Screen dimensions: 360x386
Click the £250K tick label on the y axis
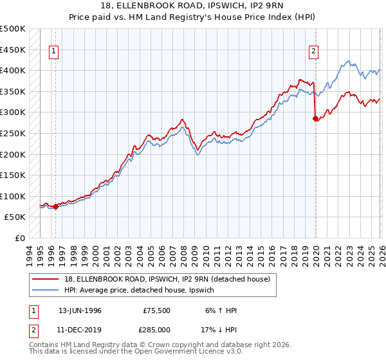click(13, 133)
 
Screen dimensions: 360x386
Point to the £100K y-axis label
click(13, 196)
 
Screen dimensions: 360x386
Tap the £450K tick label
click(13, 50)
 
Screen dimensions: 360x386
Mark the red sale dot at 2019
click(315, 118)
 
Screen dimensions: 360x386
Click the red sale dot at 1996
click(55, 206)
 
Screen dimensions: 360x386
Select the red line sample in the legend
click(46, 278)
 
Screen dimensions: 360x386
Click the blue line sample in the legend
click(46, 290)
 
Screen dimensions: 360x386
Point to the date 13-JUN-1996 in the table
click(80, 310)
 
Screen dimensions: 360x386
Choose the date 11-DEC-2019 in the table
click(80, 330)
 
